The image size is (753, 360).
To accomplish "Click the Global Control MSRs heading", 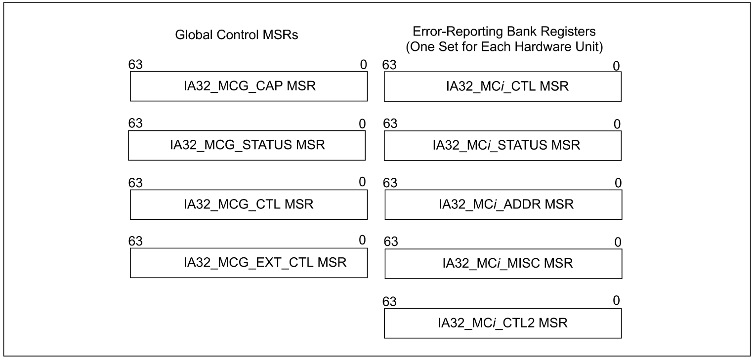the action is [x=236, y=35].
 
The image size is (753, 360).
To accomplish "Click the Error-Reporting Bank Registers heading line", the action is [x=504, y=31].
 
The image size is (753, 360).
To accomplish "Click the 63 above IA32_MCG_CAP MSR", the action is [x=135, y=65].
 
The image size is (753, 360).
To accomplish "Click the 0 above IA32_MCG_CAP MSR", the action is [x=363, y=65].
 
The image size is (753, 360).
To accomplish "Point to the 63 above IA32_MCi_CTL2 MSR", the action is [x=389, y=302].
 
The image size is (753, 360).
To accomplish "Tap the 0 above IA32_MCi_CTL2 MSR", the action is [x=616, y=300].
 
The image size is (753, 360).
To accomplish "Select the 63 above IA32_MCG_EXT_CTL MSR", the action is [x=135, y=241].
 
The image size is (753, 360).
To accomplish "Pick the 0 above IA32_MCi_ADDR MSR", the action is [x=618, y=183].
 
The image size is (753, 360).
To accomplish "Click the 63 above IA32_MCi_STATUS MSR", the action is [x=390, y=123].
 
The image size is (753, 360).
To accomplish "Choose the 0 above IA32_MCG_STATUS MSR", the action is [x=362, y=124].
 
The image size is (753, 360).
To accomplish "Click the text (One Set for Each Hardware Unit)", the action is [x=504, y=47].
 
